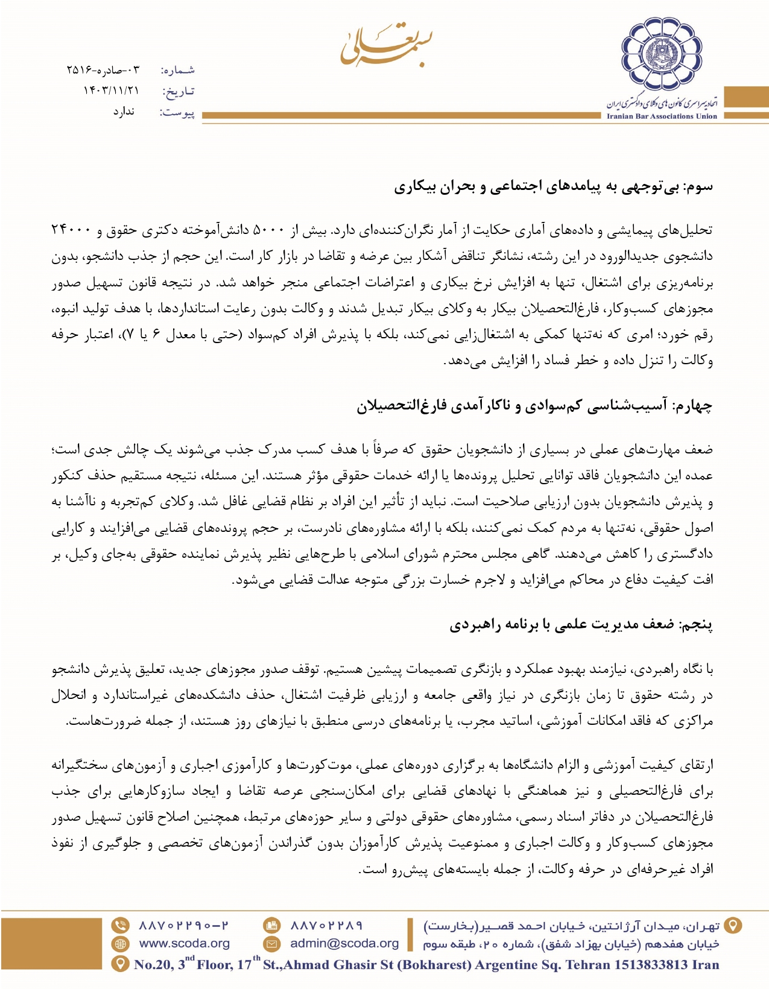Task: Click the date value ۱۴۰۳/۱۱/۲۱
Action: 111,90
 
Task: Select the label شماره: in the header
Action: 178,70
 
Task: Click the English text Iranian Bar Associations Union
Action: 662,116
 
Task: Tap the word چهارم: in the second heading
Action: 691,406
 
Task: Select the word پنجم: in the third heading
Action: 696,625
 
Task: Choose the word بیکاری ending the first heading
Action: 415,187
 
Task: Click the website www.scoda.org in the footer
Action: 185,944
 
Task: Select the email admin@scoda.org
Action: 344,944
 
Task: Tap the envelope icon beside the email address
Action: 272,944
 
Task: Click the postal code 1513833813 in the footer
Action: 651,965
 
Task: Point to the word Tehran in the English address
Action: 589,965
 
